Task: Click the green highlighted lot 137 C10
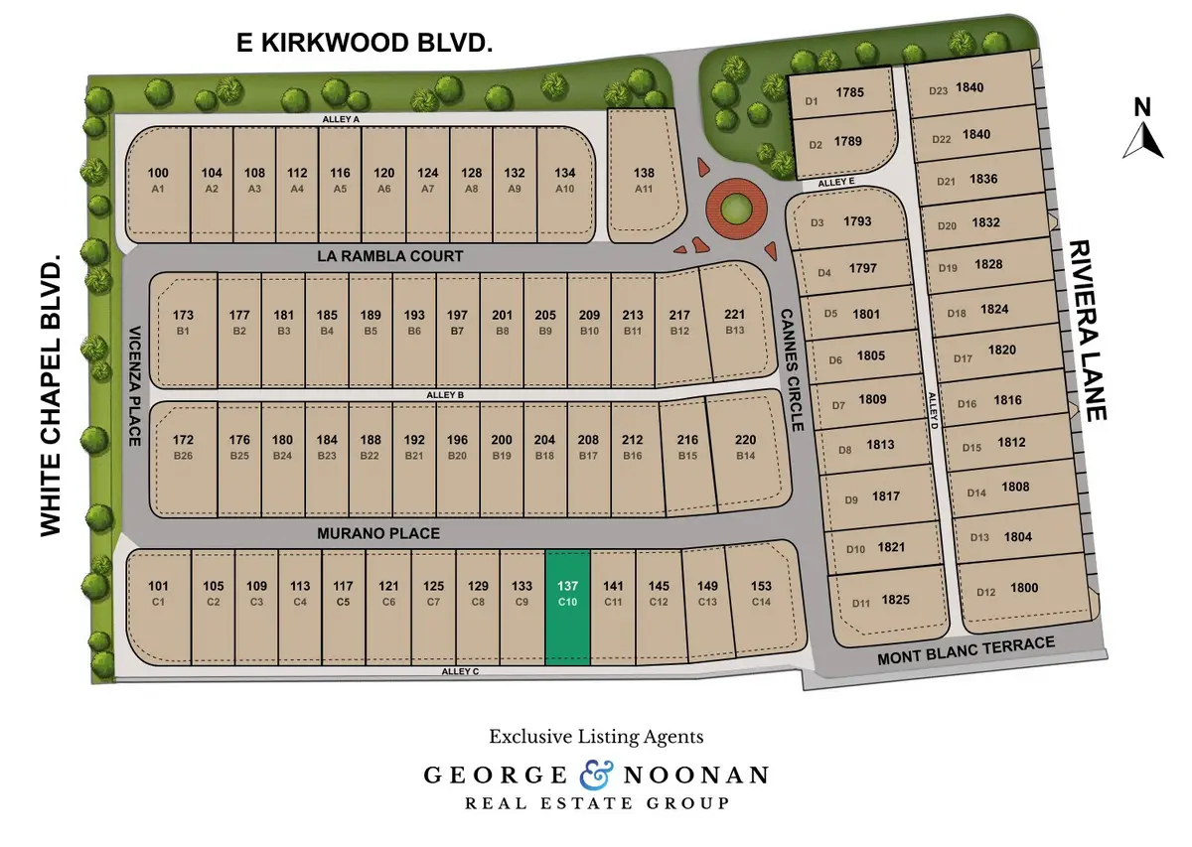(x=568, y=607)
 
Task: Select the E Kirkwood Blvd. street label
(x=364, y=43)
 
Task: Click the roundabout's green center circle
(x=736, y=209)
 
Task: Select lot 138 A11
(x=644, y=179)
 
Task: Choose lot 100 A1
(x=158, y=179)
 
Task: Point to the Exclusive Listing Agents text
(x=596, y=737)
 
